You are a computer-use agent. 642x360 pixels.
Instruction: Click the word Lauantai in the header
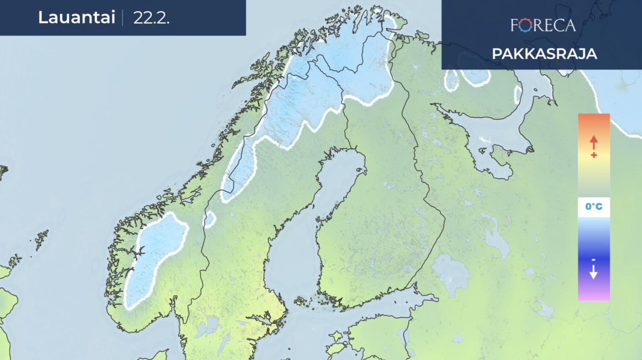tap(76, 18)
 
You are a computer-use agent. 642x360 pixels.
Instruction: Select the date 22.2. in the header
tap(151, 18)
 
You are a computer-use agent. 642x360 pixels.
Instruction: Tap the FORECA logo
tap(543, 25)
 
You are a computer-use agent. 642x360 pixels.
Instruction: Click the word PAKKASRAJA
tap(544, 54)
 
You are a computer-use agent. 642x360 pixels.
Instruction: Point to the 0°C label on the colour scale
tap(593, 207)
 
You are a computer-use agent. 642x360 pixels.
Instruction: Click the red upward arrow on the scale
tap(594, 141)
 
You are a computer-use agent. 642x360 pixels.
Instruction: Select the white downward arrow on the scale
tap(593, 273)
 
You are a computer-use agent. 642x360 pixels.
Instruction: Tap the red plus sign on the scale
tap(594, 155)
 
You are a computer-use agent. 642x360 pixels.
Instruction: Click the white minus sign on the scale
tap(593, 260)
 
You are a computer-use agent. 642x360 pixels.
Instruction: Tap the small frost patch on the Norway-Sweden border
tap(210, 219)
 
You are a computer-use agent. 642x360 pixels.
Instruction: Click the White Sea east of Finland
tap(495, 133)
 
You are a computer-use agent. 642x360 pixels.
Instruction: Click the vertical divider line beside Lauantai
tap(122, 18)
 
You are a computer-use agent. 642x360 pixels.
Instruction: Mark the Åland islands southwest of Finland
tap(301, 301)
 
